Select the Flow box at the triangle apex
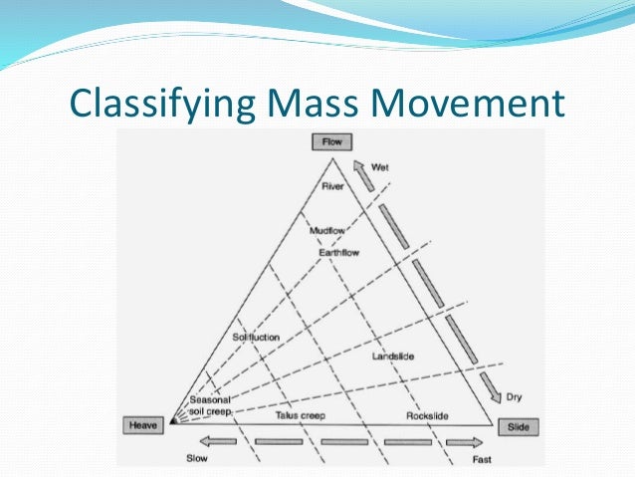click(331, 142)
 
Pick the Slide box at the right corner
click(518, 426)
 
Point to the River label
click(331, 185)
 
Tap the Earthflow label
click(338, 253)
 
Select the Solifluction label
click(256, 338)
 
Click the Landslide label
click(392, 356)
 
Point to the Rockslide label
click(427, 414)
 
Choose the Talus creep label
click(300, 414)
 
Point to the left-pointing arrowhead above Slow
click(206, 440)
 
